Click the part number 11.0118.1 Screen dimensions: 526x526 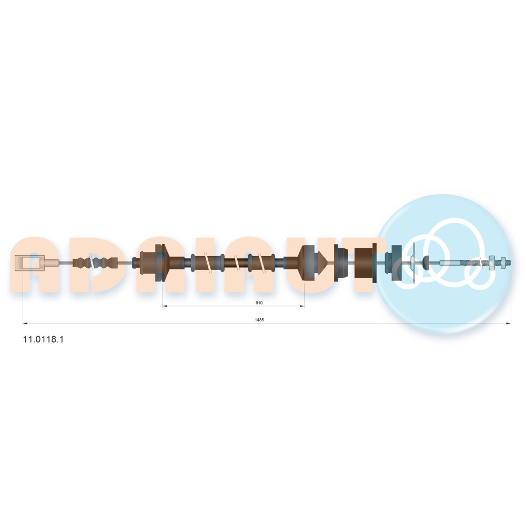coord(43,339)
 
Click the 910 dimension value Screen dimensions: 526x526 coord(259,303)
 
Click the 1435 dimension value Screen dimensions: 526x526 coord(259,320)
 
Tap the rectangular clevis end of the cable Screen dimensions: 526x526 coord(30,262)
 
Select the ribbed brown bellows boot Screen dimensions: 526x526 coord(95,262)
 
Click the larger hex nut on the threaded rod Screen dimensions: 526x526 coord(491,262)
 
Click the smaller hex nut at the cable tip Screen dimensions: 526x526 coord(503,262)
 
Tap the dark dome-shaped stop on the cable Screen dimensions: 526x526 coord(427,262)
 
